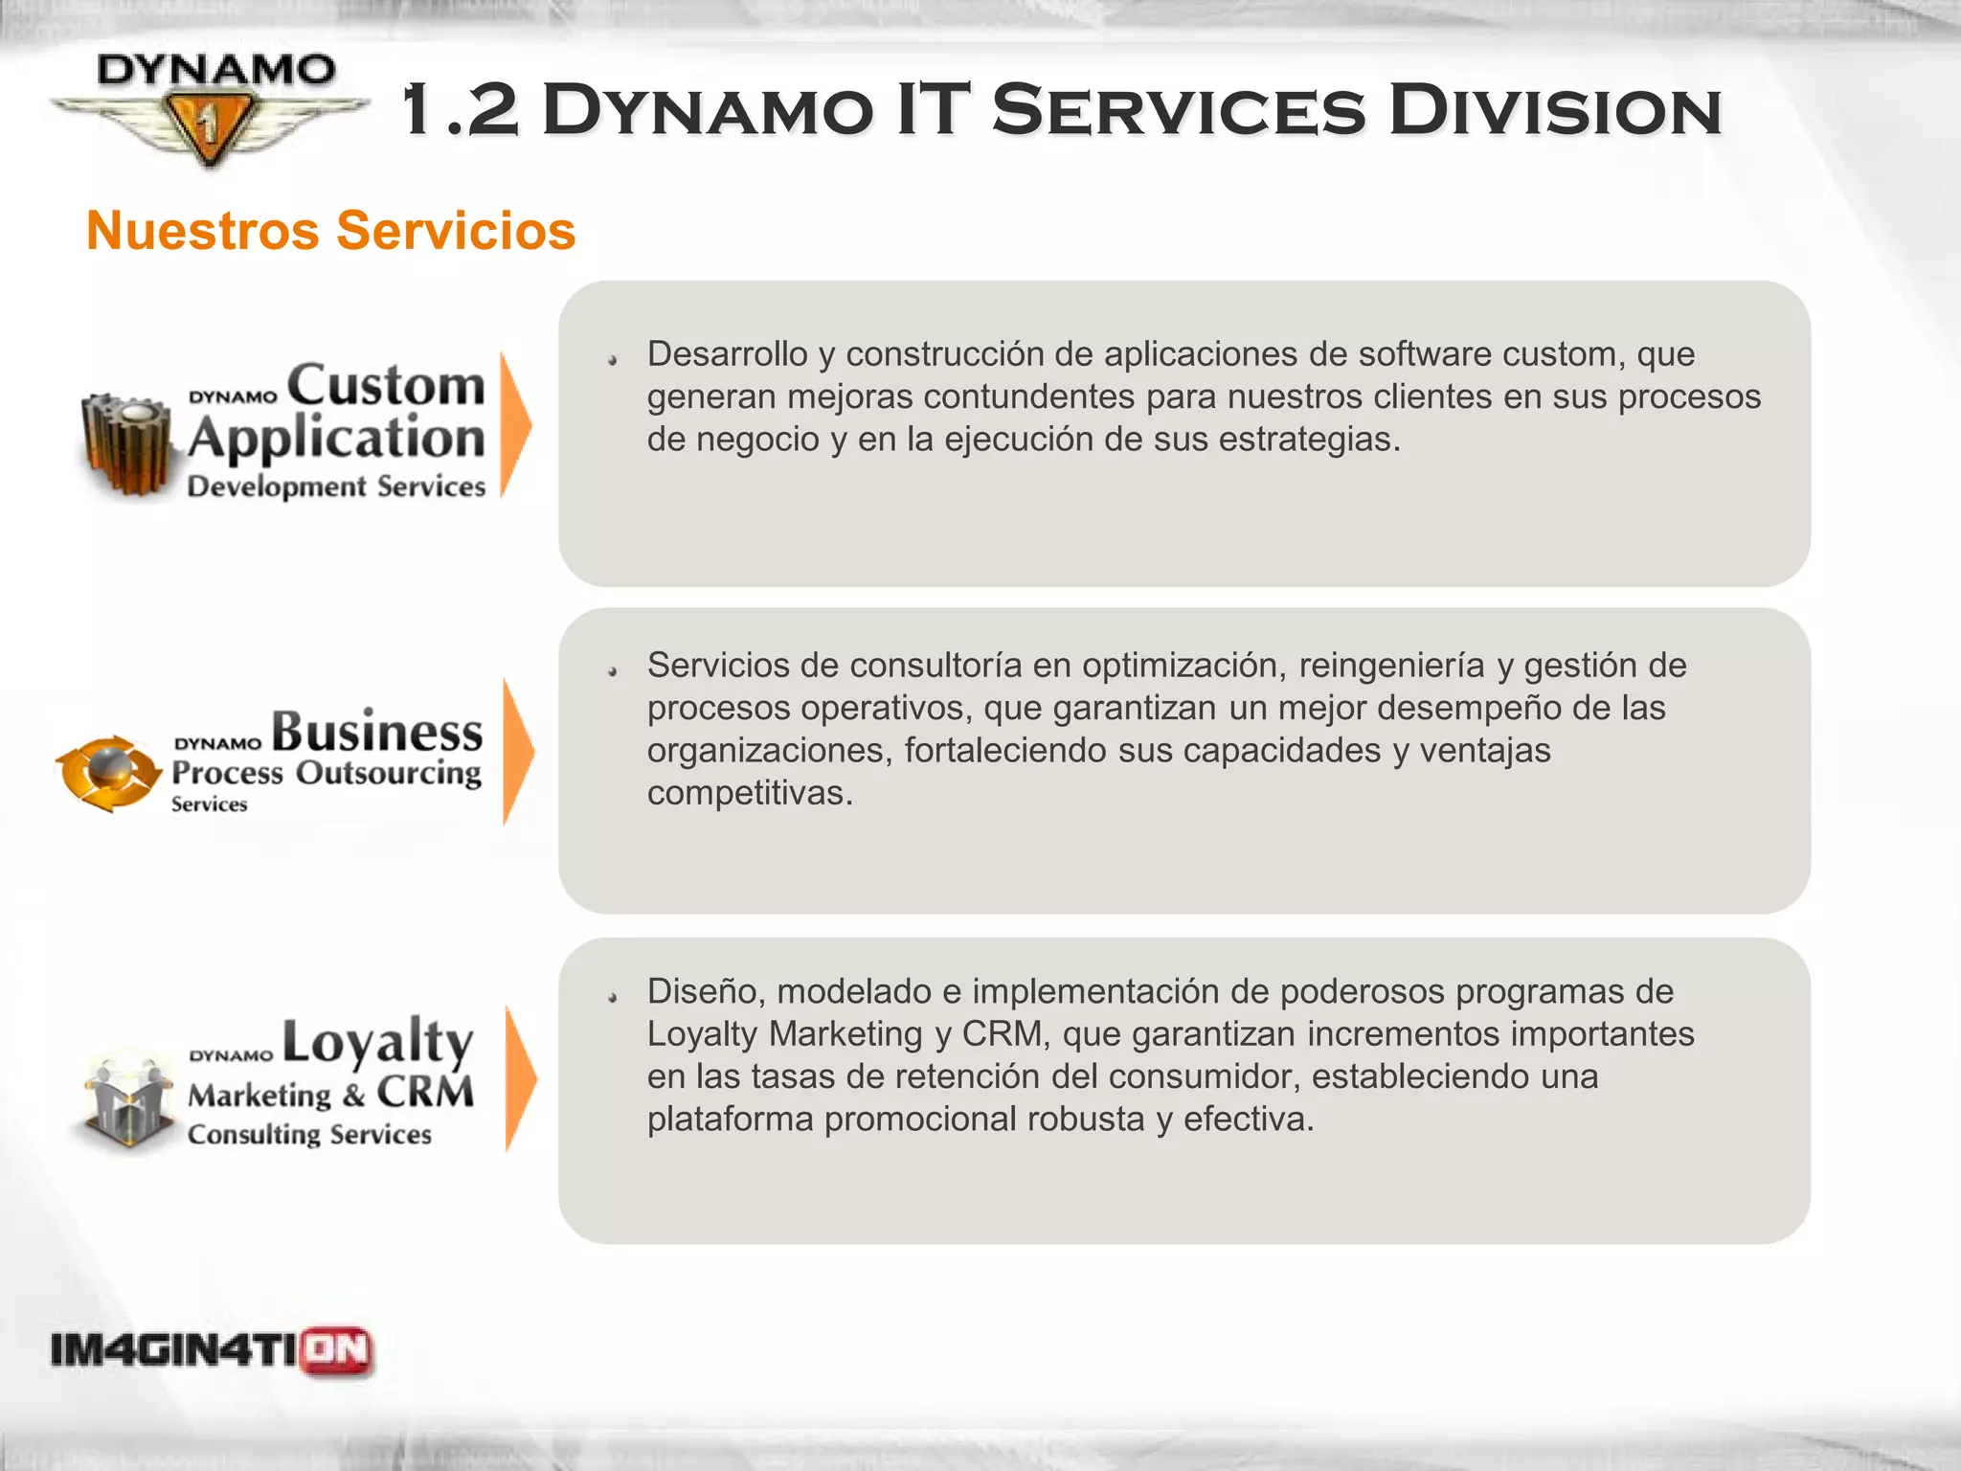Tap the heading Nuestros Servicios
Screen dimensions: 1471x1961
pyautogui.click(x=330, y=231)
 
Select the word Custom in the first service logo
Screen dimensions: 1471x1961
pyautogui.click(x=386, y=385)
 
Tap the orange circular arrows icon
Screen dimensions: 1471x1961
pyautogui.click(x=107, y=773)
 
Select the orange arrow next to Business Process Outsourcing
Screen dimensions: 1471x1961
pyautogui.click(x=517, y=752)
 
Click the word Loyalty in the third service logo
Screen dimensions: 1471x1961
pyautogui.click(x=378, y=1042)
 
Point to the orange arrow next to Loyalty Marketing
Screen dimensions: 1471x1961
pyautogui.click(x=520, y=1078)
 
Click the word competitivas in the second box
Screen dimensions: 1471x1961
pyautogui.click(x=749, y=793)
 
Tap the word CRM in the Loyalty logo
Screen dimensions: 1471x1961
pyautogui.click(x=425, y=1093)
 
